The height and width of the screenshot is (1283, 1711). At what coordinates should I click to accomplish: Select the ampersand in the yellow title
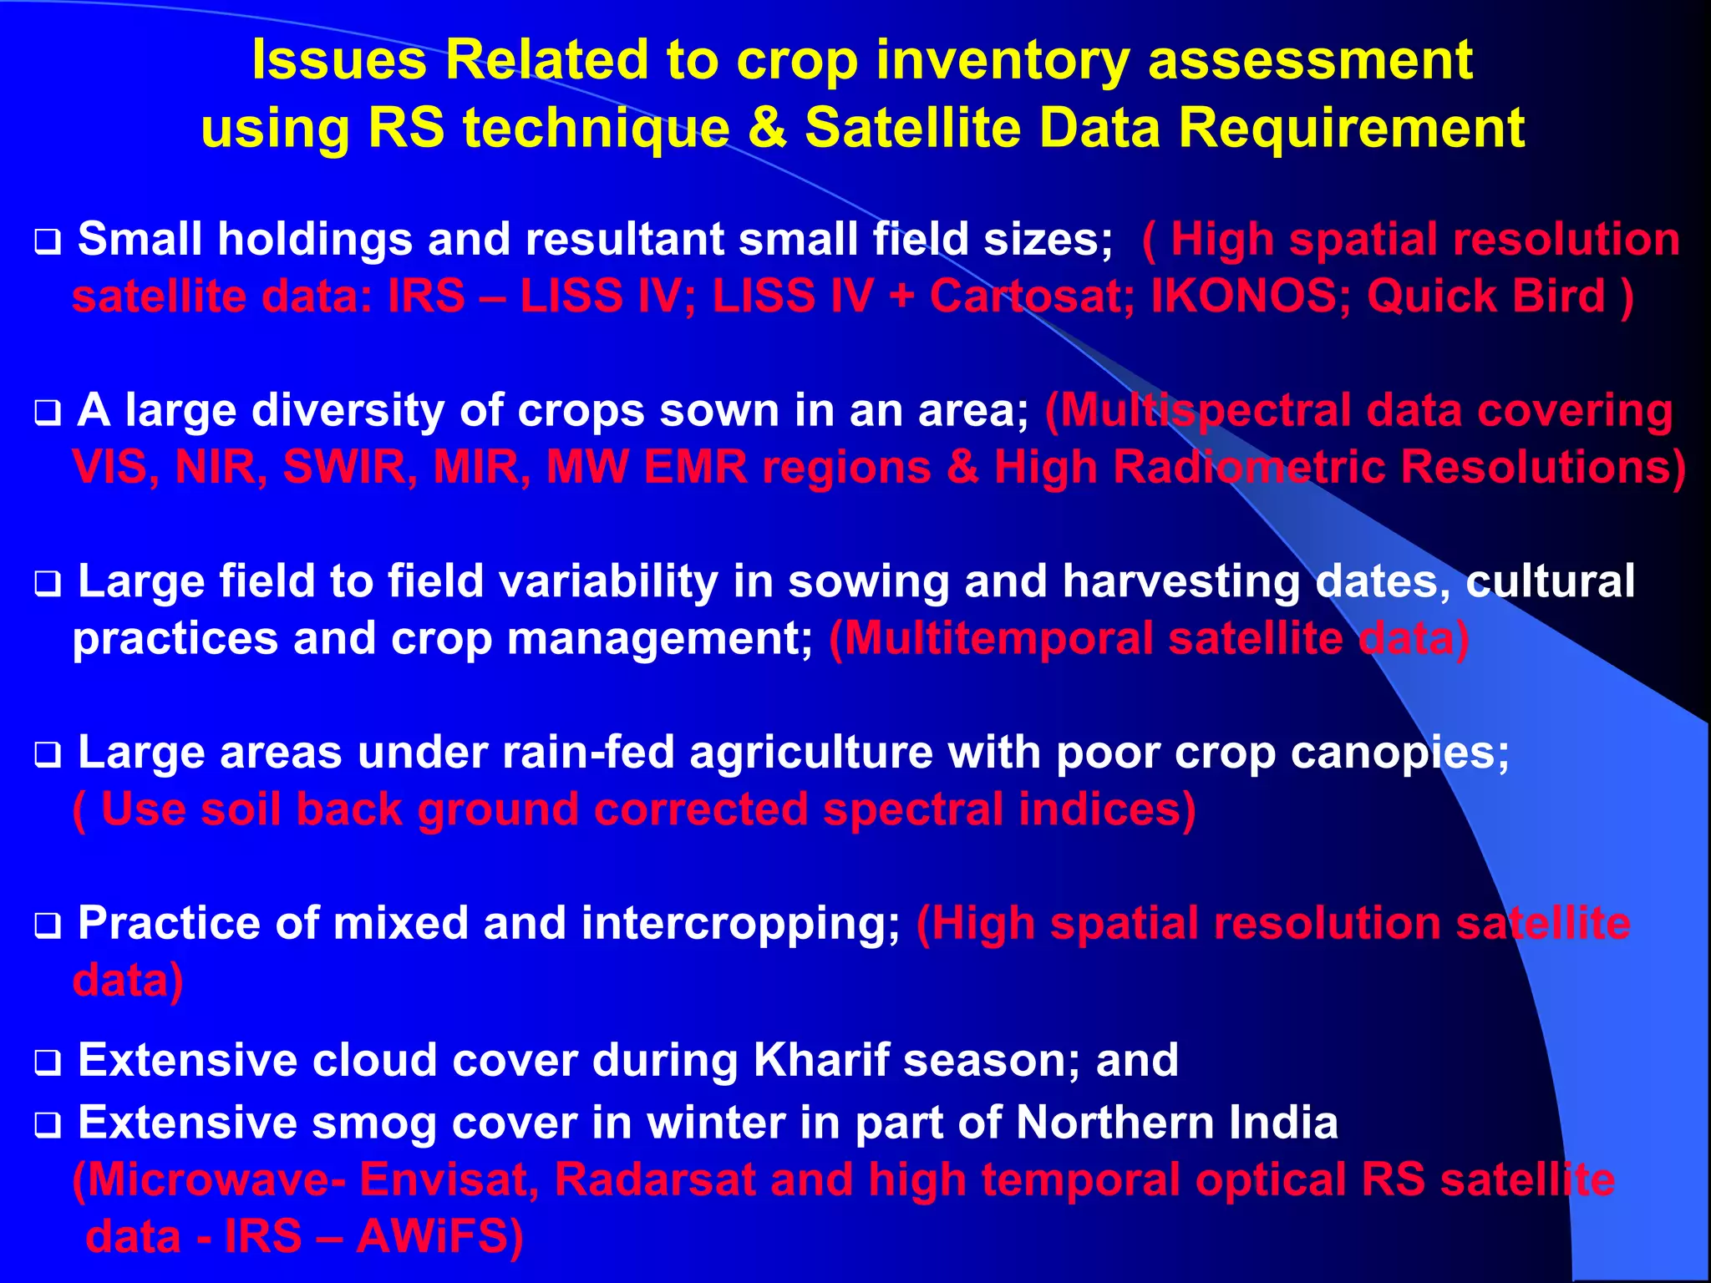pos(766,129)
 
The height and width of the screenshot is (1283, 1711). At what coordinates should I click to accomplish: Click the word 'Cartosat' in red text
pos(1032,297)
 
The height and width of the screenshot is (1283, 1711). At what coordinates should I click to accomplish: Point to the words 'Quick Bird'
pos(1486,297)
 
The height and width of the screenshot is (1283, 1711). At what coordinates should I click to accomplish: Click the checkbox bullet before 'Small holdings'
pos(48,243)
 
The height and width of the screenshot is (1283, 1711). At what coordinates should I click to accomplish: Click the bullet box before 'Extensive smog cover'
pos(48,1126)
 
